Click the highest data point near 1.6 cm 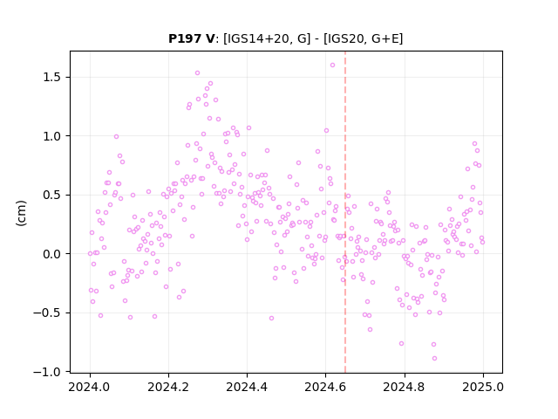[x=332, y=65]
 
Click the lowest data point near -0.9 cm [x=434, y=358]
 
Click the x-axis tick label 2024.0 [x=90, y=387]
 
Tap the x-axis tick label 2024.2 [x=168, y=387]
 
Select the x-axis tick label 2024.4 [x=247, y=387]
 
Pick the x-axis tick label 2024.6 [x=325, y=387]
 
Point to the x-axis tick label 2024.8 [x=405, y=387]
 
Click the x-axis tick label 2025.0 [x=483, y=387]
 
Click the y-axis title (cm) [x=21, y=213]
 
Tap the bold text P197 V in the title [x=192, y=38]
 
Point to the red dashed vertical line [x=345, y=212]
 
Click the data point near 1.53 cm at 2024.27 [x=197, y=72]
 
